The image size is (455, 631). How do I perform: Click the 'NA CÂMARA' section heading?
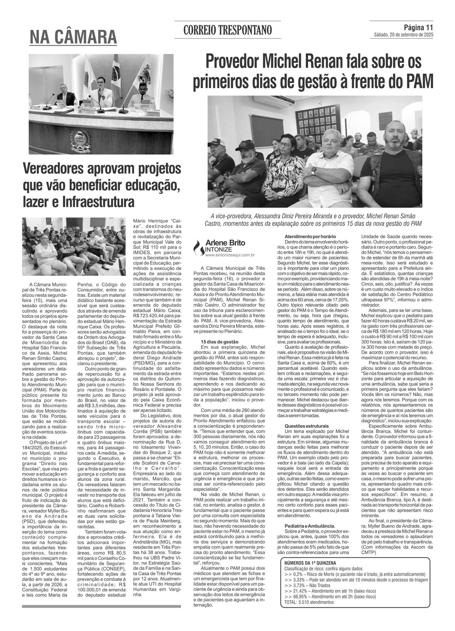tap(73, 37)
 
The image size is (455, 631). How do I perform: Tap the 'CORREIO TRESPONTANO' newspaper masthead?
tap(227, 30)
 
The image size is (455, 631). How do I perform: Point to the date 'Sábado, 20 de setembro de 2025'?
tap(403, 35)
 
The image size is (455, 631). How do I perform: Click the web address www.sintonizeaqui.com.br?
tap(230, 255)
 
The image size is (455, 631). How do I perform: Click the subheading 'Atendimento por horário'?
tap(310, 236)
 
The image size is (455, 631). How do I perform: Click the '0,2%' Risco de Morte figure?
tap(299, 574)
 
